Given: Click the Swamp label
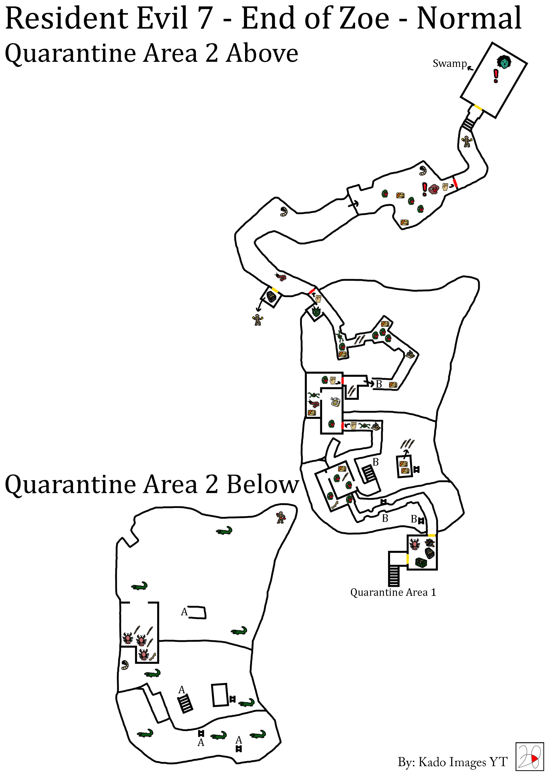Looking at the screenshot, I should pos(449,63).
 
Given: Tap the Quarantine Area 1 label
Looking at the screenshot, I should pos(393,592).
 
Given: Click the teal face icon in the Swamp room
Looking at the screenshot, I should pos(504,62).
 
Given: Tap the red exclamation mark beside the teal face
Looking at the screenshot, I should pos(496,76).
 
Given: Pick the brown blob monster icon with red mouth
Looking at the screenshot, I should pos(434,189).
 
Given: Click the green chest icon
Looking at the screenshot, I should pos(421,562).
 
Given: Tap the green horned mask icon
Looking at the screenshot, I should pos(316,311).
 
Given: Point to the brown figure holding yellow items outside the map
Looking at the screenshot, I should pos(258,320).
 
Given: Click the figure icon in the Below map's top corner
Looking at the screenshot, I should pos(281,518).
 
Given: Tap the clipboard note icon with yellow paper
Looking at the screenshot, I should pos(335,402).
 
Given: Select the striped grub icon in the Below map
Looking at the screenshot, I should pos(125,665).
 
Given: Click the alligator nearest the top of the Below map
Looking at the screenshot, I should pos(224,531).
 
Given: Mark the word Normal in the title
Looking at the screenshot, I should pos(469,18).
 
